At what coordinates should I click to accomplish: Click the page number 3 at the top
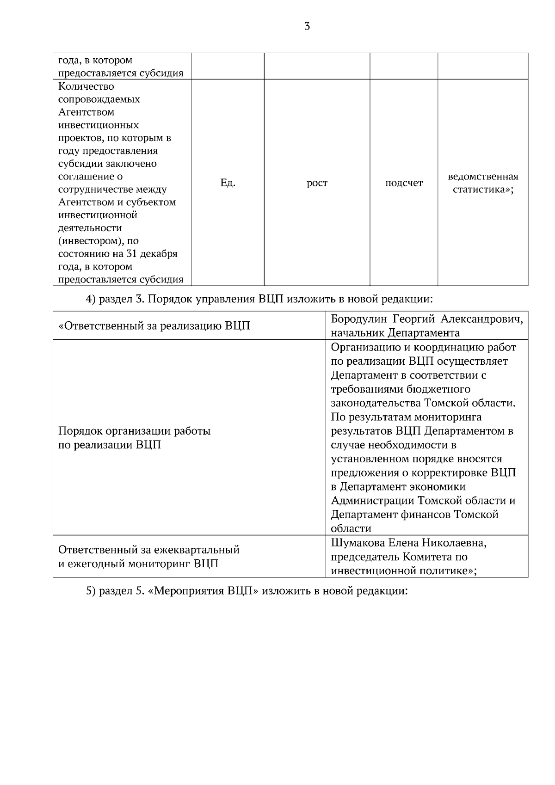pyautogui.click(x=307, y=26)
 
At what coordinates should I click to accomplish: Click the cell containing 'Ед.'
pyautogui.click(x=228, y=183)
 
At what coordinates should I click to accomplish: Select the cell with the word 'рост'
pyautogui.click(x=317, y=183)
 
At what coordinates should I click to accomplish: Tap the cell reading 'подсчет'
pyautogui.click(x=404, y=183)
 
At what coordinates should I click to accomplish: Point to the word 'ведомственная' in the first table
pyautogui.click(x=483, y=177)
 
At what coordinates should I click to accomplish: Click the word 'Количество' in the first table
pyautogui.click(x=86, y=86)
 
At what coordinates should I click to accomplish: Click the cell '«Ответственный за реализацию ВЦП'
pyautogui.click(x=154, y=326)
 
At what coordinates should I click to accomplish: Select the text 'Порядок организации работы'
pyautogui.click(x=135, y=431)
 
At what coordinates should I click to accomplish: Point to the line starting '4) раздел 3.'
pyautogui.click(x=259, y=299)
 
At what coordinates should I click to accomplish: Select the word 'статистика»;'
pyautogui.click(x=483, y=190)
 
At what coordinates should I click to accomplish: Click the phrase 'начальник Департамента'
pyautogui.click(x=395, y=333)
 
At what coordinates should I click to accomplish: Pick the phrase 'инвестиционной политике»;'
pyautogui.click(x=404, y=570)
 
